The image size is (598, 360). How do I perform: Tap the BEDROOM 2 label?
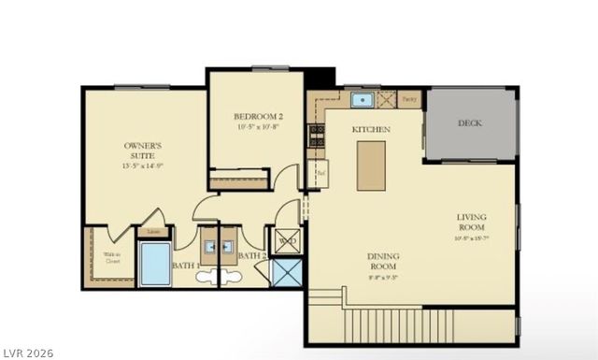258,117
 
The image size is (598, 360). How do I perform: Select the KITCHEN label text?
371,128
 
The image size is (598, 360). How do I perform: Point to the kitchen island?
371,166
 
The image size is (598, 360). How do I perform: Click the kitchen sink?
362,99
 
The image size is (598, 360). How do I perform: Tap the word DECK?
470,123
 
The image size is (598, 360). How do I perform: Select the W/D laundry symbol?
286,241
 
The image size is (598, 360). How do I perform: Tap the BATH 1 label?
185,266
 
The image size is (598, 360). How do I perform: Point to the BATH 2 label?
252,255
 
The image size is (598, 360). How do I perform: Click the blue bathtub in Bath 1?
155,263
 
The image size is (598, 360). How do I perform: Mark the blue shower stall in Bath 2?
284,271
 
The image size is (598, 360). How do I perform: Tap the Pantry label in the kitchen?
409,97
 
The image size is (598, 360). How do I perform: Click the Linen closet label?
153,232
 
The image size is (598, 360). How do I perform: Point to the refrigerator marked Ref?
320,173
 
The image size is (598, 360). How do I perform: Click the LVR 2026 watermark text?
29,353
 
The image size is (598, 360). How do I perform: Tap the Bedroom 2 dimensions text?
258,126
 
